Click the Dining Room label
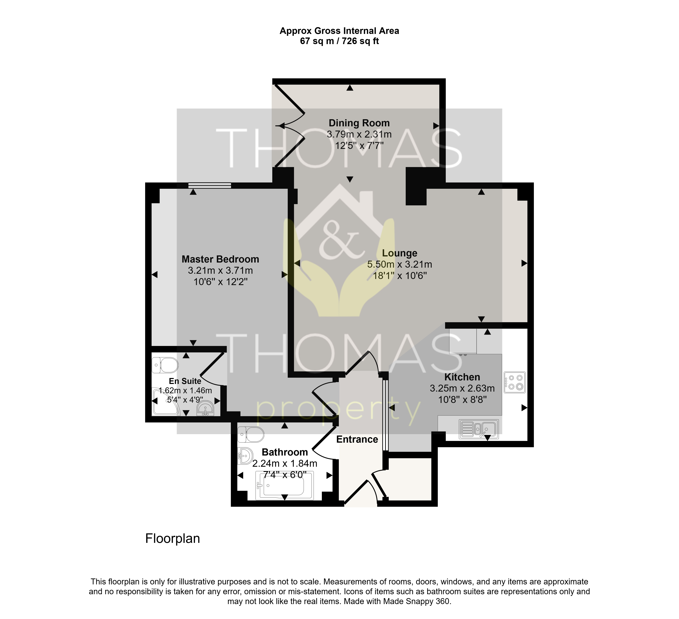[359, 123]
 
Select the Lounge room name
[399, 253]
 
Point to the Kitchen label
[462, 377]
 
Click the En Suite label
[185, 381]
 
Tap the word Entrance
[357, 439]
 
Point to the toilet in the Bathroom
[251, 435]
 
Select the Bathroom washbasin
[245, 456]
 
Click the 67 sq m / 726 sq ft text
[339, 41]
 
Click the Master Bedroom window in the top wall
[209, 185]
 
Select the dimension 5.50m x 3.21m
[399, 264]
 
